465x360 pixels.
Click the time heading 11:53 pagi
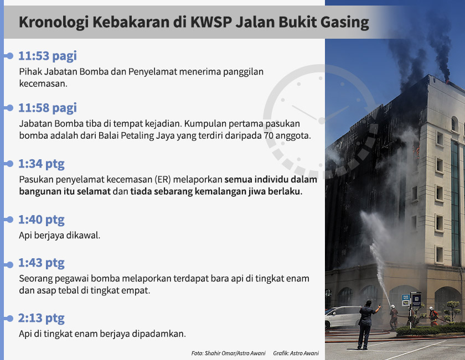pos(47,56)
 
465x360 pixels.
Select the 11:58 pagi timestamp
pos(47,108)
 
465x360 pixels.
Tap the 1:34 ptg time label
pos(42,164)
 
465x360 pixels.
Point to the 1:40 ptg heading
pos(42,220)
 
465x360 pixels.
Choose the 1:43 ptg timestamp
pos(42,263)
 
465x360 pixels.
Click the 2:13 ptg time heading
pos(42,318)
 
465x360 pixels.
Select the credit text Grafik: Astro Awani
pos(296,353)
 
